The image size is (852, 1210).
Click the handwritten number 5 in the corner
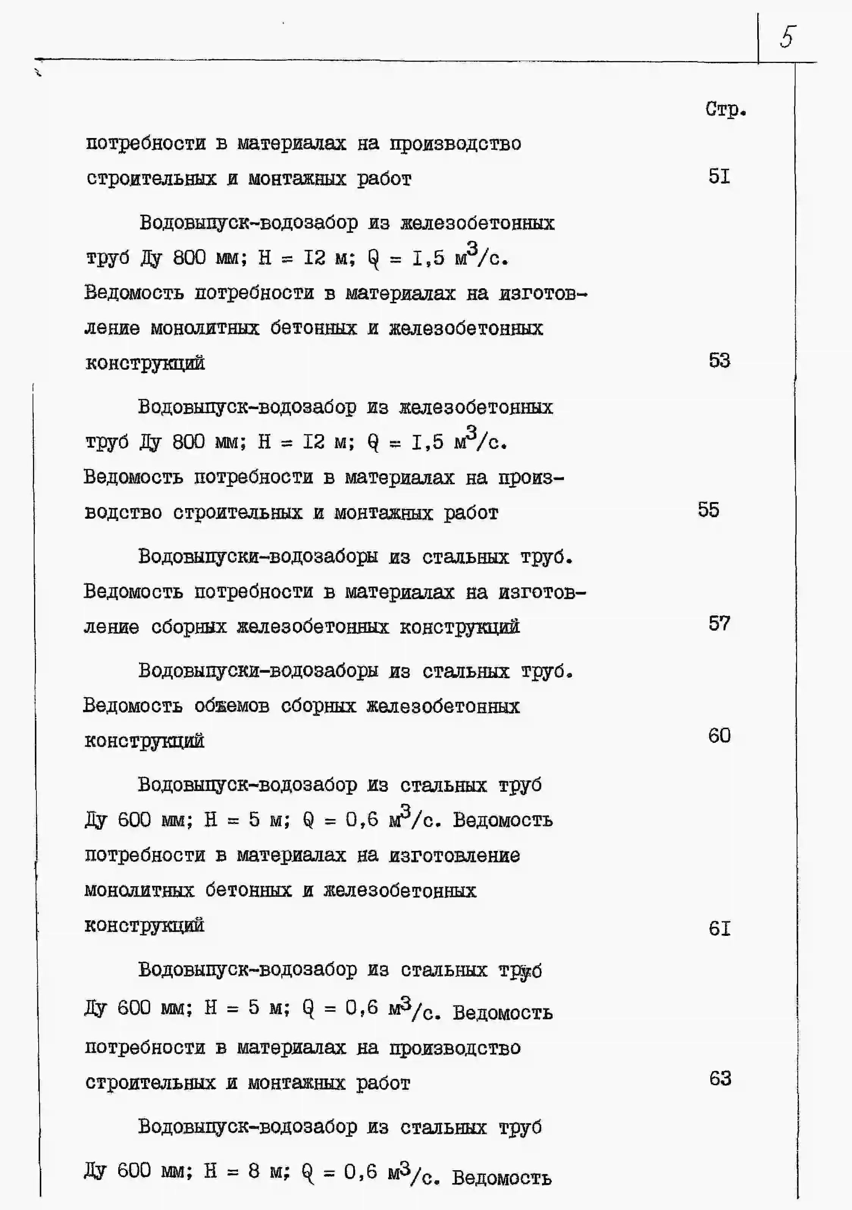(787, 37)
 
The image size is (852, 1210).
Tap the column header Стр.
(725, 109)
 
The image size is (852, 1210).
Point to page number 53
(719, 361)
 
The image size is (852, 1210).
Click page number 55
(708, 510)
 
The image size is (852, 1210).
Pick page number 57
(719, 623)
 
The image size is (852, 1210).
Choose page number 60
(719, 736)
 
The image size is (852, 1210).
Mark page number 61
(719, 929)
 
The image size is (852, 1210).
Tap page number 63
(720, 1079)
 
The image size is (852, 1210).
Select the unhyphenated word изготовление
(454, 855)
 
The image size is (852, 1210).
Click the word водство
(123, 513)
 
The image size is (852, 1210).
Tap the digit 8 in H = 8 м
(254, 1171)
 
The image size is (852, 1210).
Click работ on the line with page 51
(384, 179)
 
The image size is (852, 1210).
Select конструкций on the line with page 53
(145, 364)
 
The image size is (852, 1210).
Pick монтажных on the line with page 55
(383, 513)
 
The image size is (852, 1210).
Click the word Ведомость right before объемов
(133, 706)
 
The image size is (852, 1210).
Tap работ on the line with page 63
(383, 1083)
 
